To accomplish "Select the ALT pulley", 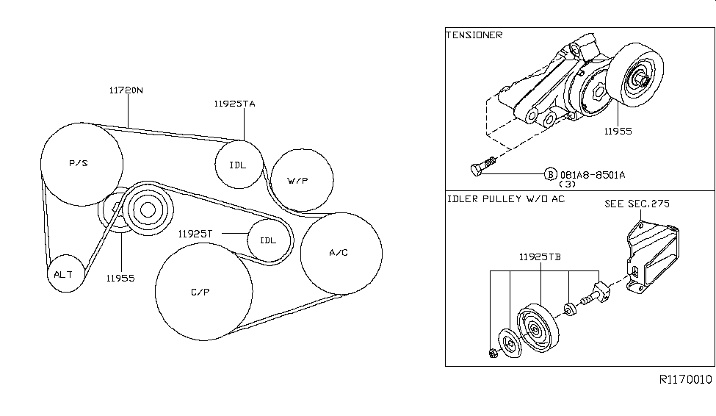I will (x=64, y=274).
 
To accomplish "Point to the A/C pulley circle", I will (x=341, y=253).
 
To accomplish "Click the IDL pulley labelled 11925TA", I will (x=238, y=165).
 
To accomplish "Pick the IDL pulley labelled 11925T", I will (x=268, y=240).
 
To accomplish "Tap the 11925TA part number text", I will (x=235, y=104).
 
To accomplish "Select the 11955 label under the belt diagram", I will (x=119, y=278).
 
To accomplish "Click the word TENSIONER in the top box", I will (x=474, y=35).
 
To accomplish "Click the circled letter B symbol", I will (x=550, y=174).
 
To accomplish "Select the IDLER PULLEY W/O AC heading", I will (x=505, y=200).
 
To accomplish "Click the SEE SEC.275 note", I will (x=637, y=204).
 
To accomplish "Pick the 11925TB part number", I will (x=540, y=258).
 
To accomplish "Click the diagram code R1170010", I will (x=685, y=380).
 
